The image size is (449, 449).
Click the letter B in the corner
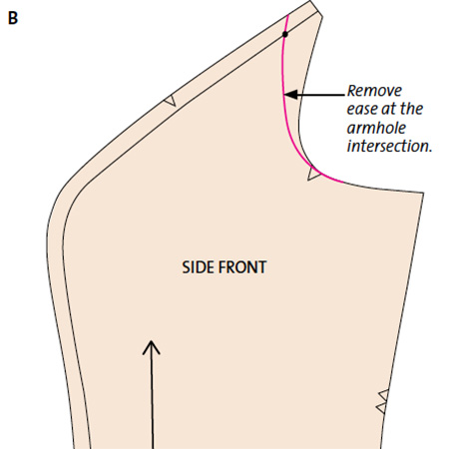13,18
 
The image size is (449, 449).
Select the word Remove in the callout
374,91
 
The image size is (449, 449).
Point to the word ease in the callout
362,110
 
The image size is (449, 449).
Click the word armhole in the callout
376,128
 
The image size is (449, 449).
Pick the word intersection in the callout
388,147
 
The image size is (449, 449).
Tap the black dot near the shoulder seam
285,34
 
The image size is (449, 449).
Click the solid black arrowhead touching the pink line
291,95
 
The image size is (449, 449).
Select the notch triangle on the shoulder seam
171,101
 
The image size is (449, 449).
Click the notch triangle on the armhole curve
313,174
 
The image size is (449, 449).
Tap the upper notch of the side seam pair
384,395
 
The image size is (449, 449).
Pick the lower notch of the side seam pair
382,408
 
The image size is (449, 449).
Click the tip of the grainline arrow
152,341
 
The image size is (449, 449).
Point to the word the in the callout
411,110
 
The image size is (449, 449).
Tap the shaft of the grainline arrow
152,395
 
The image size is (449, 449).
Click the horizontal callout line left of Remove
321,95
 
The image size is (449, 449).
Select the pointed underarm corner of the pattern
423,193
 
